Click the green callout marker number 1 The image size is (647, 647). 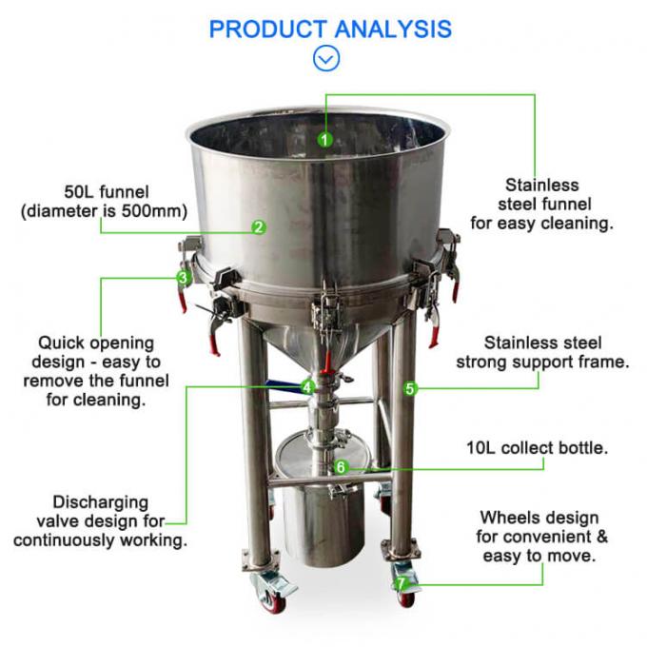click(x=325, y=139)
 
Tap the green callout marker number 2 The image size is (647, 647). click(x=258, y=227)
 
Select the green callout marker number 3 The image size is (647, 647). click(x=183, y=278)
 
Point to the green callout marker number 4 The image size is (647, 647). click(x=306, y=386)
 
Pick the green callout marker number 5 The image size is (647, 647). click(x=410, y=388)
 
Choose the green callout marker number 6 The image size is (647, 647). click(x=341, y=467)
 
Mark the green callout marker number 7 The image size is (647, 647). click(x=402, y=583)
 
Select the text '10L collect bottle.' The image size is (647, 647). click(x=538, y=446)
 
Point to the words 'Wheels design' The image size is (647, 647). click(x=539, y=518)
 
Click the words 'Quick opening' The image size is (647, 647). click(x=95, y=343)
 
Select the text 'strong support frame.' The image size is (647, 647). click(x=542, y=362)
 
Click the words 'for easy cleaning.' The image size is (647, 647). click(x=541, y=224)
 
